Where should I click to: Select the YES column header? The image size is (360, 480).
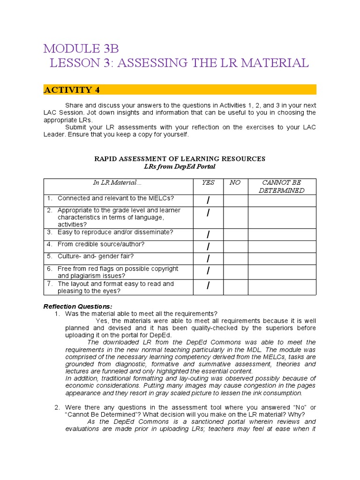click(208, 182)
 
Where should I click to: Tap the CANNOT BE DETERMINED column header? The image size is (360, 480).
click(282, 186)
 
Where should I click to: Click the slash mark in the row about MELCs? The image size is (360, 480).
click(208, 201)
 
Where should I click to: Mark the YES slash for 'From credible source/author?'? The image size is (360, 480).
click(208, 247)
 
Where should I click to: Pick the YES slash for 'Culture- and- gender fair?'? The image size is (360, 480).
click(208, 259)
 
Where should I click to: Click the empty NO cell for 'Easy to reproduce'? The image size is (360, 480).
click(235, 234)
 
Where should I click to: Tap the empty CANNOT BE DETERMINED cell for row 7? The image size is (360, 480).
click(282, 287)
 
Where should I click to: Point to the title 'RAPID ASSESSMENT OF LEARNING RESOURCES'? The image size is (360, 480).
click(180, 158)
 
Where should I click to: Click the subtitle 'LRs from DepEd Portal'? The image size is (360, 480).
click(180, 166)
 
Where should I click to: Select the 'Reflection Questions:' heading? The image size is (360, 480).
click(78, 306)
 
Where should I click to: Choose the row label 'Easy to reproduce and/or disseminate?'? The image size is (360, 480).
click(115, 232)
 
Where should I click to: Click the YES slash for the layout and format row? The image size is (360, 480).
click(208, 286)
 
